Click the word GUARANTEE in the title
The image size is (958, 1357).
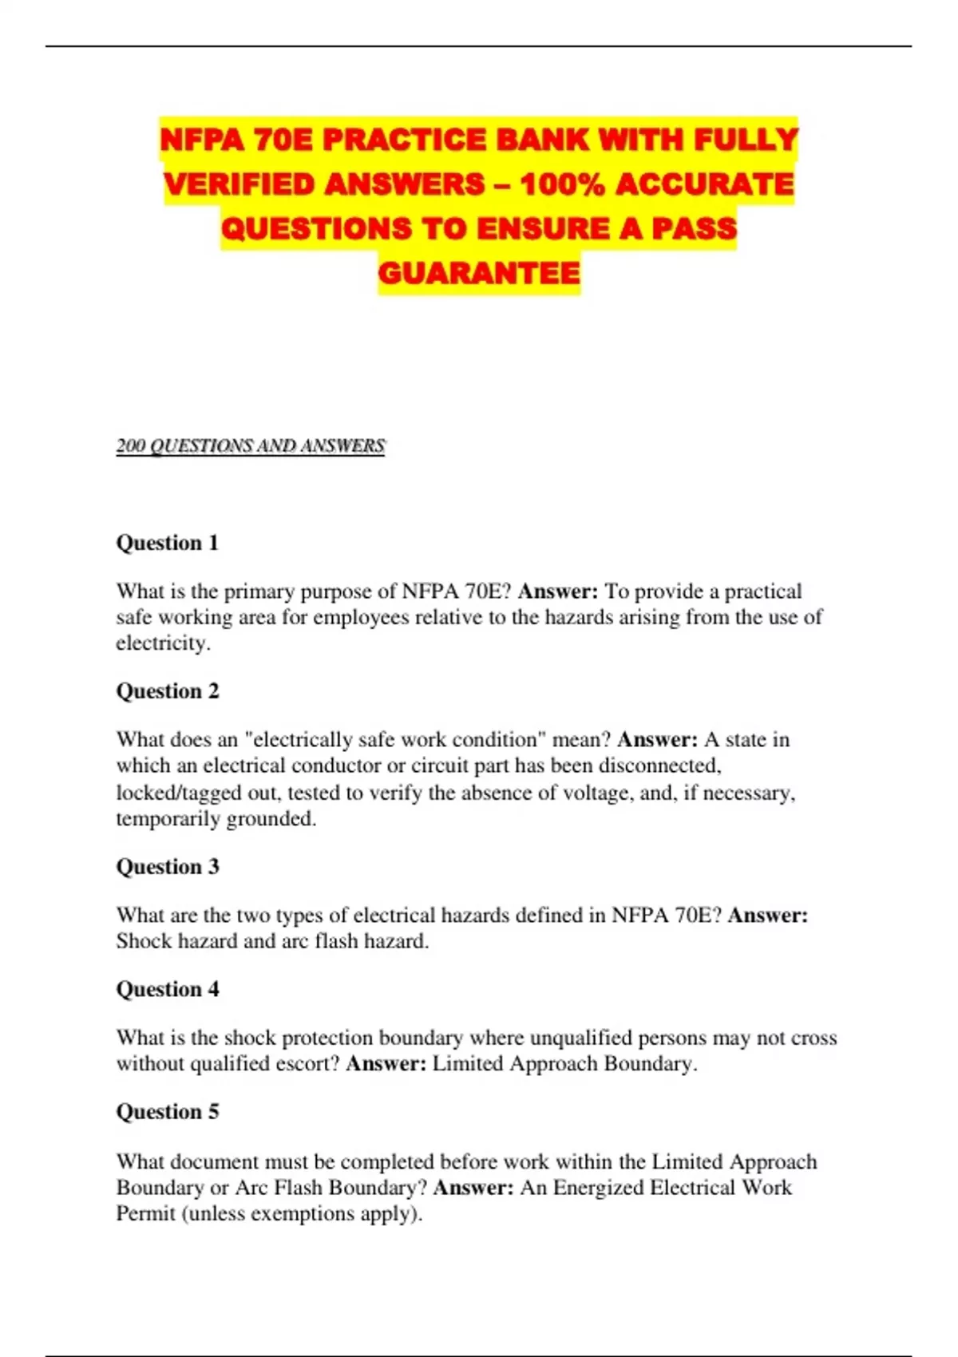click(479, 273)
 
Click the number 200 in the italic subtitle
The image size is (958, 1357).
click(130, 445)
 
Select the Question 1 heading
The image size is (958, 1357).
click(168, 543)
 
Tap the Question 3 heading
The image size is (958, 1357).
click(168, 867)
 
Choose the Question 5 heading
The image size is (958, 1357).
click(168, 1112)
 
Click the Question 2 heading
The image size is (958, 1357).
click(168, 691)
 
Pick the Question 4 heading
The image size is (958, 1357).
click(168, 990)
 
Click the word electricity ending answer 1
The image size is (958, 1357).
click(162, 643)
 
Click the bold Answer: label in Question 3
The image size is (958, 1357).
click(767, 916)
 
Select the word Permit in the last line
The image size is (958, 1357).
click(145, 1214)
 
